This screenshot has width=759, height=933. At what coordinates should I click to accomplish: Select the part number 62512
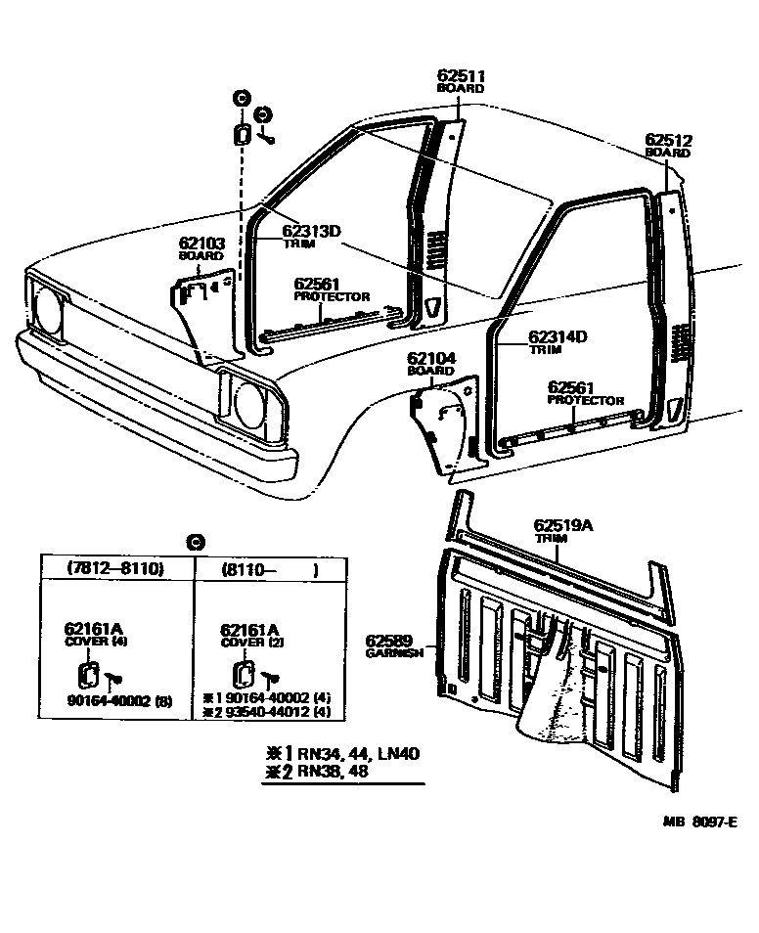(668, 140)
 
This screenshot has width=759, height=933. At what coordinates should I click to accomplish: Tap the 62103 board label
(201, 243)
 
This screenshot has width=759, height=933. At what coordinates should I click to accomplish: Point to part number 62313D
(312, 232)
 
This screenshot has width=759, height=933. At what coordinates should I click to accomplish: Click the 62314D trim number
(558, 336)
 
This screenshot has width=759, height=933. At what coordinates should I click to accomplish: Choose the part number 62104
(430, 359)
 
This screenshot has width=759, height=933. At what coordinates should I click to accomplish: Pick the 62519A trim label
(562, 525)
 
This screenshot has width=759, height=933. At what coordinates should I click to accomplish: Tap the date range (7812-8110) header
(114, 569)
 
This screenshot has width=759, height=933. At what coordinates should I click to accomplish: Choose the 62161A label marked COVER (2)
(249, 629)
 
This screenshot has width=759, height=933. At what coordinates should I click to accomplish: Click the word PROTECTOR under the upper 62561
(333, 296)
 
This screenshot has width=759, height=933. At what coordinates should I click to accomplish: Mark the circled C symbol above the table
(195, 542)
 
